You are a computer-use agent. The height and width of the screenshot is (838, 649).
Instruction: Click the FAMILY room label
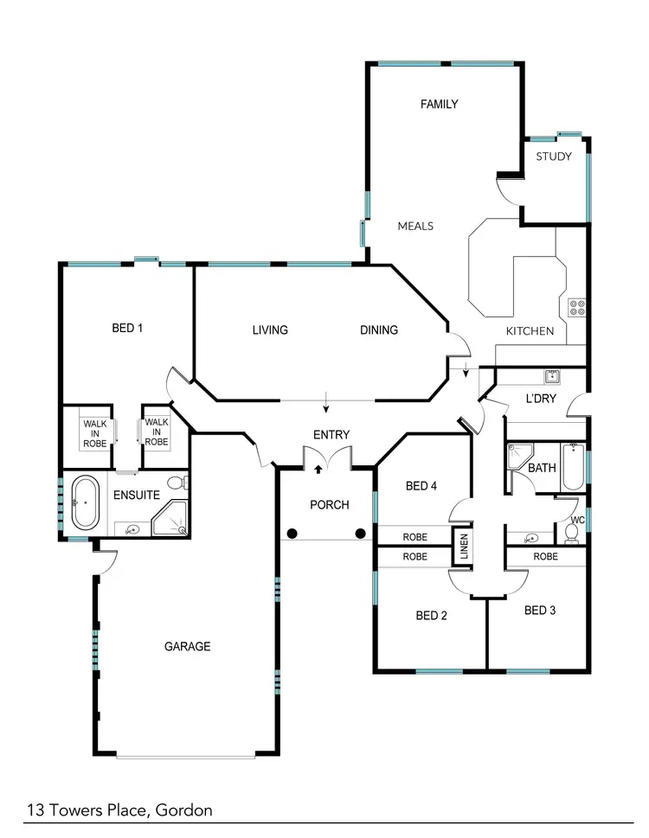(439, 105)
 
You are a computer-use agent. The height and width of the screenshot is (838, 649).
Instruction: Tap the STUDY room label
(554, 157)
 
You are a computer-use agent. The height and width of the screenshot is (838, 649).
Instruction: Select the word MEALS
(415, 227)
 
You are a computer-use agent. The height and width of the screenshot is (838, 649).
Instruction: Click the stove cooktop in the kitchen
(577, 306)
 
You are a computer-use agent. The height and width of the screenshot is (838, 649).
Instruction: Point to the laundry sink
(551, 376)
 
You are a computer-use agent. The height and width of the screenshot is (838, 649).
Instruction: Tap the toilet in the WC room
(572, 532)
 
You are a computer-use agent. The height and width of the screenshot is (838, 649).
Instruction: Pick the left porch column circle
(292, 533)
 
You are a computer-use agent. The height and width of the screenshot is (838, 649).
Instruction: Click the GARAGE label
(187, 646)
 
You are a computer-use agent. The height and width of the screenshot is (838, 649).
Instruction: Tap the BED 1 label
(127, 328)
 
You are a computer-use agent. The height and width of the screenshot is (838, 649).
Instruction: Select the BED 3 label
(540, 611)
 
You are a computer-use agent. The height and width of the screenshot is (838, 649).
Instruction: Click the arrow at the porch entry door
(318, 469)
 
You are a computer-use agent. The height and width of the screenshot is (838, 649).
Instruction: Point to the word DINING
(379, 329)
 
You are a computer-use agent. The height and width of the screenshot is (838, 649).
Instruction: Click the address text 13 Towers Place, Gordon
(119, 810)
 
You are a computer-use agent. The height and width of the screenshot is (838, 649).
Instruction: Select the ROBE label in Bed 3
(545, 557)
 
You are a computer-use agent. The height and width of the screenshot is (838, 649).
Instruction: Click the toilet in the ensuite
(176, 483)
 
